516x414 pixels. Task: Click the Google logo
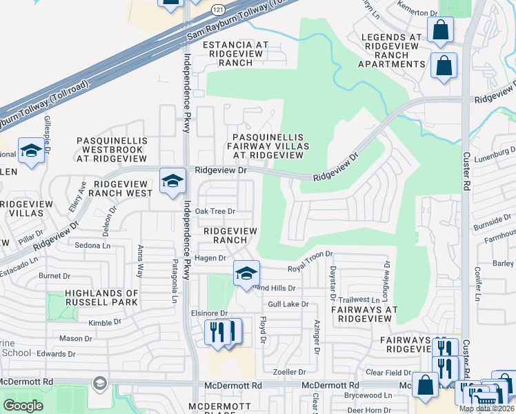point(23,406)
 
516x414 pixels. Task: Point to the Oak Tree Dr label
point(215,211)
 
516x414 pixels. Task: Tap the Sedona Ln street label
point(93,246)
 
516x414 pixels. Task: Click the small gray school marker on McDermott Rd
point(100,383)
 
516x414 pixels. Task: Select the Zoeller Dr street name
point(289,372)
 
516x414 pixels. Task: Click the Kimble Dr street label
point(105,322)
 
